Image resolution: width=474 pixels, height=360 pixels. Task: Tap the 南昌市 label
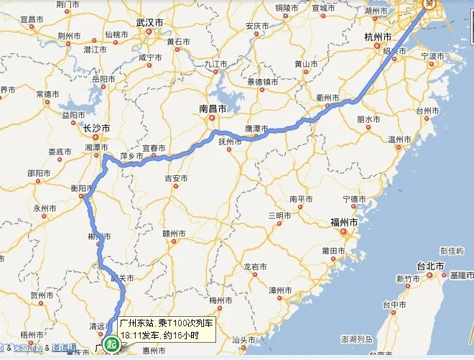213,109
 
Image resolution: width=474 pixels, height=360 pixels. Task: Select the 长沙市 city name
96,129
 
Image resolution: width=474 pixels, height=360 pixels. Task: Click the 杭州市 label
378,36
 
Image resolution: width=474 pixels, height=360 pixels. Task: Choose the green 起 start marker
111,346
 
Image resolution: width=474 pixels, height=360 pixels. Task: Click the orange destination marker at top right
429,4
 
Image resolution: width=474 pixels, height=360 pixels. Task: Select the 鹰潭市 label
256,129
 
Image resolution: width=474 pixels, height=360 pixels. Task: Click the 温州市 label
399,139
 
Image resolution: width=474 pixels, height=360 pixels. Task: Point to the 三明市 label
279,216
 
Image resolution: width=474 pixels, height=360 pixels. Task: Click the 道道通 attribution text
65,348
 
